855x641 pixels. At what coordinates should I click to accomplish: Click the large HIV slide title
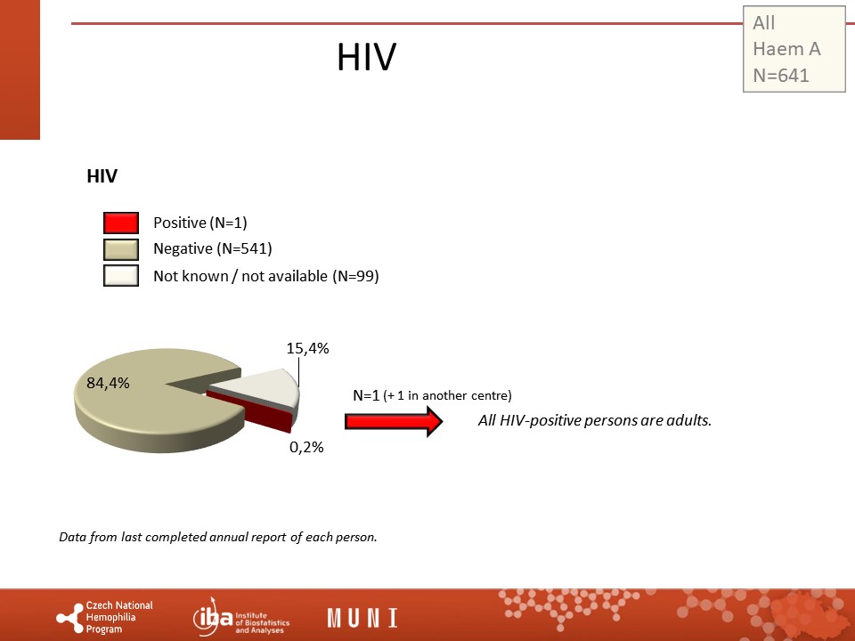coord(366,57)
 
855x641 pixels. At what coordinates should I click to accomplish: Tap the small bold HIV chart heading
coord(102,176)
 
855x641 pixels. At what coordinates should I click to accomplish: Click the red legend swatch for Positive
coord(121,223)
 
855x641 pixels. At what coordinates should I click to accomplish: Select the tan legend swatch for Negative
coord(121,249)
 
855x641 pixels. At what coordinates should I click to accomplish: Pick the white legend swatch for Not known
coord(121,275)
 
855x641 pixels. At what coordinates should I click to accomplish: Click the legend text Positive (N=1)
coord(200,223)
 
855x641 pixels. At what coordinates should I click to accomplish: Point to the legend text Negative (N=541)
coord(213,248)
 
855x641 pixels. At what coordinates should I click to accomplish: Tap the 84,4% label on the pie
coord(108,383)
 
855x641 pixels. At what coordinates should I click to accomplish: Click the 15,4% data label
coord(307,348)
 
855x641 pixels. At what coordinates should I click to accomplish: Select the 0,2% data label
coord(306,447)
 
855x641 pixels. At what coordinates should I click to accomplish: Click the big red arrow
coord(394,421)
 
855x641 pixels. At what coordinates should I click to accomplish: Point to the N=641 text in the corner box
coord(781,75)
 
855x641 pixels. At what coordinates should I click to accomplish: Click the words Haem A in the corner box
coord(786,49)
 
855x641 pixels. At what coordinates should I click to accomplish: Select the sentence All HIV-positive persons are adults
coord(595,420)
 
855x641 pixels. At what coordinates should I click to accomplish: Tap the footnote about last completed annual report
coord(218,537)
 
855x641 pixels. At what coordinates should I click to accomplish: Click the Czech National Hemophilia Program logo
coord(105,617)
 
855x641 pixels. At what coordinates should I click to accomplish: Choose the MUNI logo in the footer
coord(362,618)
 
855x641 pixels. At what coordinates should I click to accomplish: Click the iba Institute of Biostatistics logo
coord(241,617)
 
